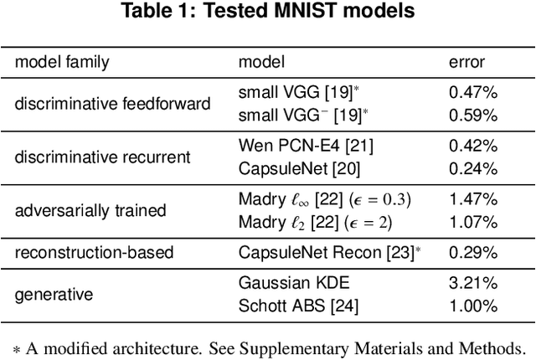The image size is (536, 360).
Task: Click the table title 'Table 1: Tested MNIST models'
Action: pos(268,13)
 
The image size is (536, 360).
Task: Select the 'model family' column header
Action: pos(62,62)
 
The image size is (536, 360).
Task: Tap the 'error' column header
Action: pos(466,62)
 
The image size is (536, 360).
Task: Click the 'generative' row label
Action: pos(54,294)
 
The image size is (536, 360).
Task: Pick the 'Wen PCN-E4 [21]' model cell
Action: pos(306,146)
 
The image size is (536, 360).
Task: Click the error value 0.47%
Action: pos(474,93)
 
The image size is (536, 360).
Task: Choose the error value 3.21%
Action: pos(474,283)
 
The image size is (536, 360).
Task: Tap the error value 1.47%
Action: pos(474,198)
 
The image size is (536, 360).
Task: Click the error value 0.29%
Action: pos(474,251)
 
